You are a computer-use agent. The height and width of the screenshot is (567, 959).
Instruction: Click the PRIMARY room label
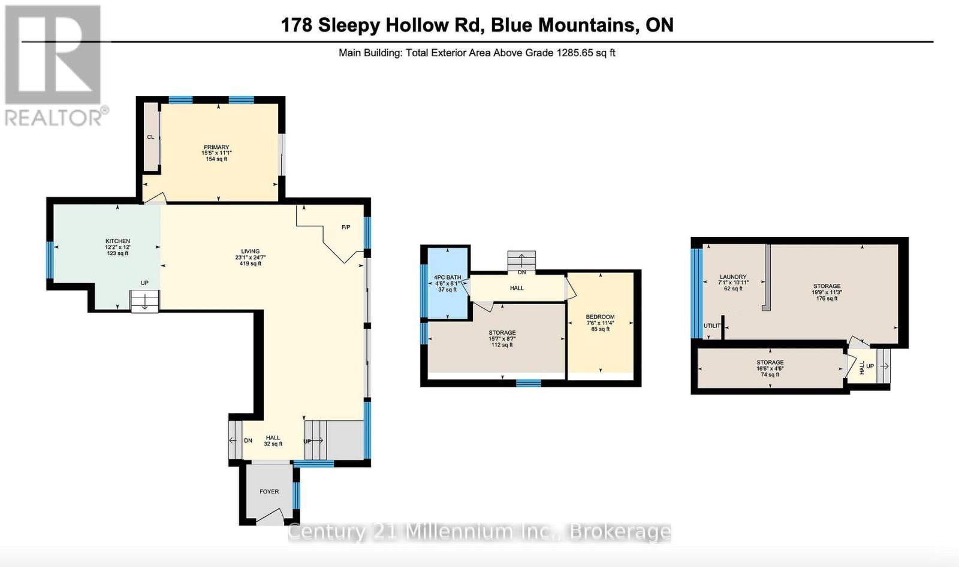(216, 147)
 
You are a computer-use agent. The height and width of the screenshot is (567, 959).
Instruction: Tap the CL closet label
(150, 137)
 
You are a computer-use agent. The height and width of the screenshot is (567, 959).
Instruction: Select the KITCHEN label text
(117, 241)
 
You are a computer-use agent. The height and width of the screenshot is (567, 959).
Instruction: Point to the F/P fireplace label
(346, 228)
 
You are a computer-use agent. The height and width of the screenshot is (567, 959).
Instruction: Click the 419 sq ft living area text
(251, 263)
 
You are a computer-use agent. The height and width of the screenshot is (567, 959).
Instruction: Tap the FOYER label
(269, 492)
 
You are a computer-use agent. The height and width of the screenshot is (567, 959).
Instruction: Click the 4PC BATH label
(448, 277)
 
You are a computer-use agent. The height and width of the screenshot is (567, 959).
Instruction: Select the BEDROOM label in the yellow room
(600, 317)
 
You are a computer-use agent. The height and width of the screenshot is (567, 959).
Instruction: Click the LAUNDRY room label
(733, 277)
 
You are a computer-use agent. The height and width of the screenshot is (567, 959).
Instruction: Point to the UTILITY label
(712, 326)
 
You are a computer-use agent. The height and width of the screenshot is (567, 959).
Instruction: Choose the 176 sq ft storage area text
(827, 298)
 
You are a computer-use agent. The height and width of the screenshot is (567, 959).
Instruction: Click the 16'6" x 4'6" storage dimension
(770, 369)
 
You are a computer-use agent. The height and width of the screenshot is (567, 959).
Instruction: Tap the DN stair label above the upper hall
(521, 272)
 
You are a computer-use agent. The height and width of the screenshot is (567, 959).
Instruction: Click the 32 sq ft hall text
(273, 444)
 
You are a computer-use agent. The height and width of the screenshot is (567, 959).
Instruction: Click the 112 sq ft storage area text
(502, 345)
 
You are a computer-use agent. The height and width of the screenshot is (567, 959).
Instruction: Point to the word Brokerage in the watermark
(620, 531)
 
